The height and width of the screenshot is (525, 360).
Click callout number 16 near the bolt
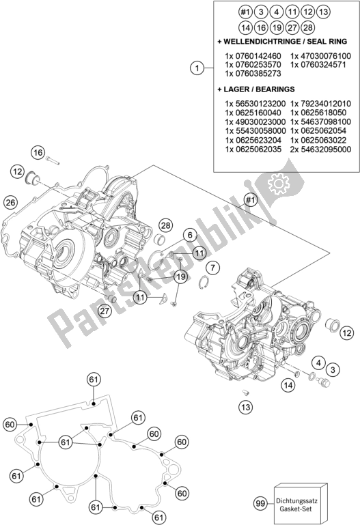coord(38,152)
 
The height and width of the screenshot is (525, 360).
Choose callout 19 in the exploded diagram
coord(180,276)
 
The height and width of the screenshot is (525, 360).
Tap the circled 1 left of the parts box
coord(197,68)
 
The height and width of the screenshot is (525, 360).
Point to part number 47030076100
coord(320,56)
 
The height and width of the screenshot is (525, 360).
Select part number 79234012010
coord(320,102)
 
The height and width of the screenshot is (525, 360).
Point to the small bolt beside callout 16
coord(54,160)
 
